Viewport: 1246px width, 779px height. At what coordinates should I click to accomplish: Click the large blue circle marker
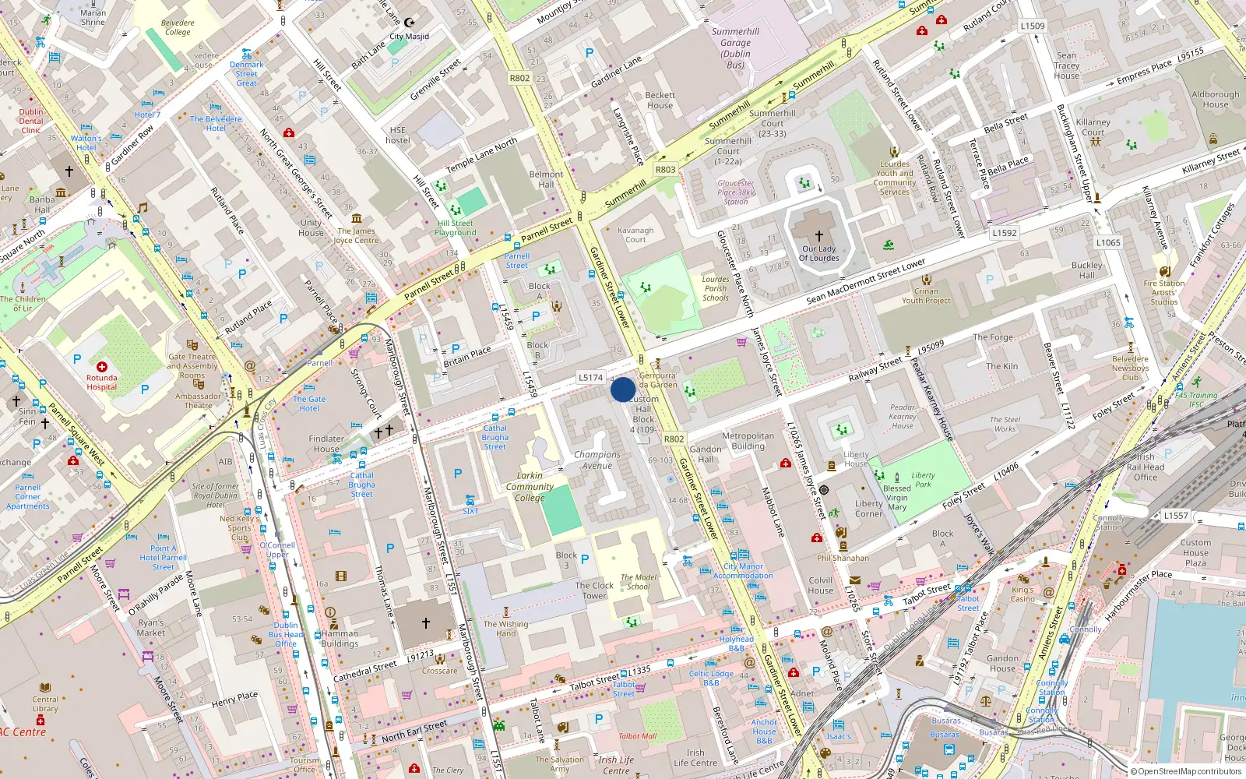click(x=623, y=389)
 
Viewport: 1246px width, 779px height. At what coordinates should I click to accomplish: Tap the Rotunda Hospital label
click(x=102, y=382)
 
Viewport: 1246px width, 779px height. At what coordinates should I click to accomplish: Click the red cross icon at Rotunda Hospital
click(x=102, y=366)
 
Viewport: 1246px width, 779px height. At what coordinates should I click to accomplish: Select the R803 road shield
click(x=665, y=169)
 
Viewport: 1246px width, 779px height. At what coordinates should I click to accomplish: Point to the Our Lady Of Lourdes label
click(x=819, y=254)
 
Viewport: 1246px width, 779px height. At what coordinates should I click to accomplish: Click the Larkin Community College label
click(x=530, y=487)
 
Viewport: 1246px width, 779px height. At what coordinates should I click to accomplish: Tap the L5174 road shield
click(x=590, y=378)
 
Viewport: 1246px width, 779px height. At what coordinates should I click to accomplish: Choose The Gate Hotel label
click(x=309, y=404)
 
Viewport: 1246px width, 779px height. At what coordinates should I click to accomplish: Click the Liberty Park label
click(x=923, y=480)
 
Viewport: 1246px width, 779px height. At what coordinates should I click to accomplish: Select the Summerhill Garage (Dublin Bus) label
click(x=735, y=48)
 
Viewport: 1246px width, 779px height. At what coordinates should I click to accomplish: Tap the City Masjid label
click(x=409, y=37)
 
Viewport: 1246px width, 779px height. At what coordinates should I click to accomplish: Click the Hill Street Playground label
click(x=456, y=228)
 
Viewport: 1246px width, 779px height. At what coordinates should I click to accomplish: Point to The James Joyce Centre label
click(x=356, y=236)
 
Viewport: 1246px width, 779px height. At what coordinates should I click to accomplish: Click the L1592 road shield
click(x=1005, y=232)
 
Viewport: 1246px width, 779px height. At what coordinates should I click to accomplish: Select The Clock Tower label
click(x=594, y=590)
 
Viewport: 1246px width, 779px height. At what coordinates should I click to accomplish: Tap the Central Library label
click(x=45, y=704)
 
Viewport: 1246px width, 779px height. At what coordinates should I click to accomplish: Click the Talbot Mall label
click(x=637, y=736)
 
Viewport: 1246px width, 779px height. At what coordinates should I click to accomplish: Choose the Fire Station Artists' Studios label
click(x=1164, y=293)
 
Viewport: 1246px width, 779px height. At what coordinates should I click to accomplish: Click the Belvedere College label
click(x=178, y=28)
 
